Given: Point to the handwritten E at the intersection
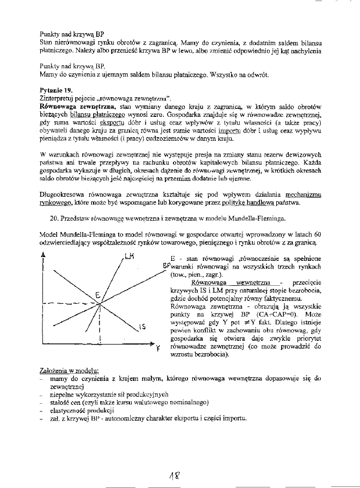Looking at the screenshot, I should pos(97,295).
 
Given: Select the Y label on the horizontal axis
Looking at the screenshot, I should pos(157,348).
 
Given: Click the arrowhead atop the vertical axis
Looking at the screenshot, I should pos(43,255).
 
